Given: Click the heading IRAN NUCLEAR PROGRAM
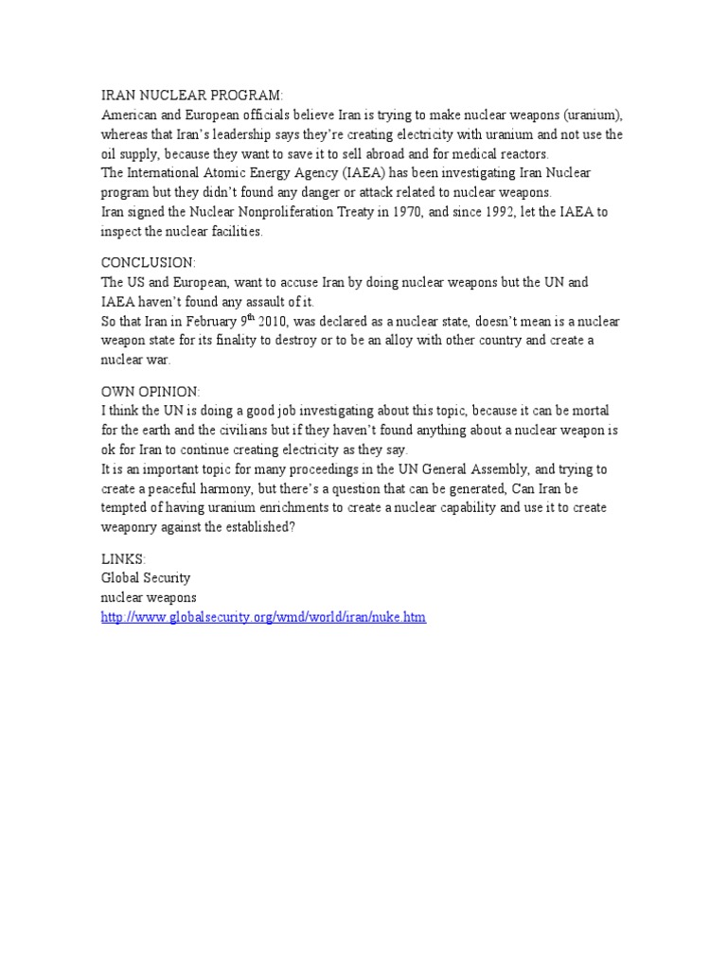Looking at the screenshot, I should pyautogui.click(x=192, y=96).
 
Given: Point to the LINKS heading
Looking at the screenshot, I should pyautogui.click(x=123, y=558).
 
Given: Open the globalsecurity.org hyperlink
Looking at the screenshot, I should pyautogui.click(x=263, y=617).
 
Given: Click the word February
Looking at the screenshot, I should pyautogui.click(x=198, y=322).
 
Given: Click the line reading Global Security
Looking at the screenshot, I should pyautogui.click(x=146, y=577).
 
